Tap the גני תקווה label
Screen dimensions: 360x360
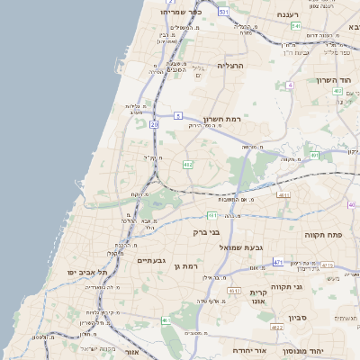pos(310,286)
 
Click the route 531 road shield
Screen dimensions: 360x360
pos(222,12)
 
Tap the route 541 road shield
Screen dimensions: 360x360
pos(295,26)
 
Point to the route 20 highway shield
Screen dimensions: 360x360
pos(154,124)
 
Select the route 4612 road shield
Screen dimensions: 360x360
pos(234,291)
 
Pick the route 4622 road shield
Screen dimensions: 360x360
pos(277,328)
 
